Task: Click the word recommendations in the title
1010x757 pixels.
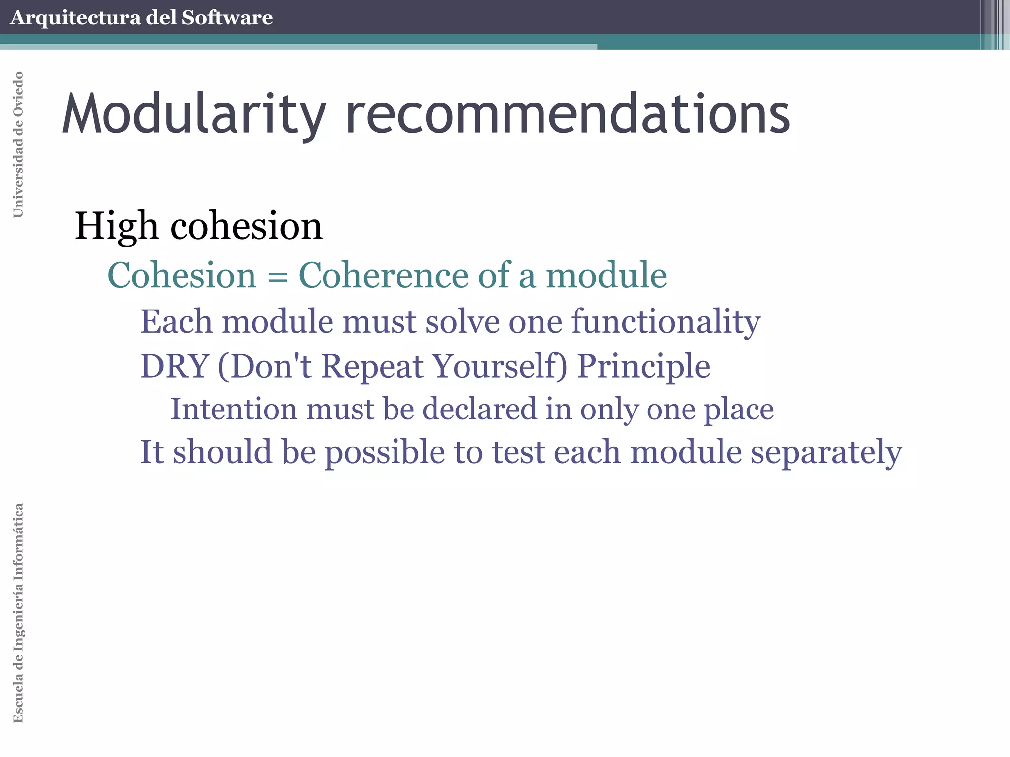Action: [x=567, y=114]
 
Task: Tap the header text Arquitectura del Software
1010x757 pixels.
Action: [x=141, y=18]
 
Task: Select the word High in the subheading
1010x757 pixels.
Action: [x=116, y=227]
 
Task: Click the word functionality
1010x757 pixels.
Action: [x=666, y=322]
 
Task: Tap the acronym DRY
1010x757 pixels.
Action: [x=175, y=366]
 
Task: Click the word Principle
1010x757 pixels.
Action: [x=644, y=367]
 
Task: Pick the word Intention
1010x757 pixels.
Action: [x=233, y=409]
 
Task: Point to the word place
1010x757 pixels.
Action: [x=738, y=410]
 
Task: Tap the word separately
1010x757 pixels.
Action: [x=826, y=452]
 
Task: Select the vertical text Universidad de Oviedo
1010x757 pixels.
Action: [x=18, y=144]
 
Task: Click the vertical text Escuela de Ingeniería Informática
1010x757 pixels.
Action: [x=18, y=613]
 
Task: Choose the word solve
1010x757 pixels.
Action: [x=462, y=322]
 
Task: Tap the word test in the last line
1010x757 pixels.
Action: [x=518, y=452]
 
